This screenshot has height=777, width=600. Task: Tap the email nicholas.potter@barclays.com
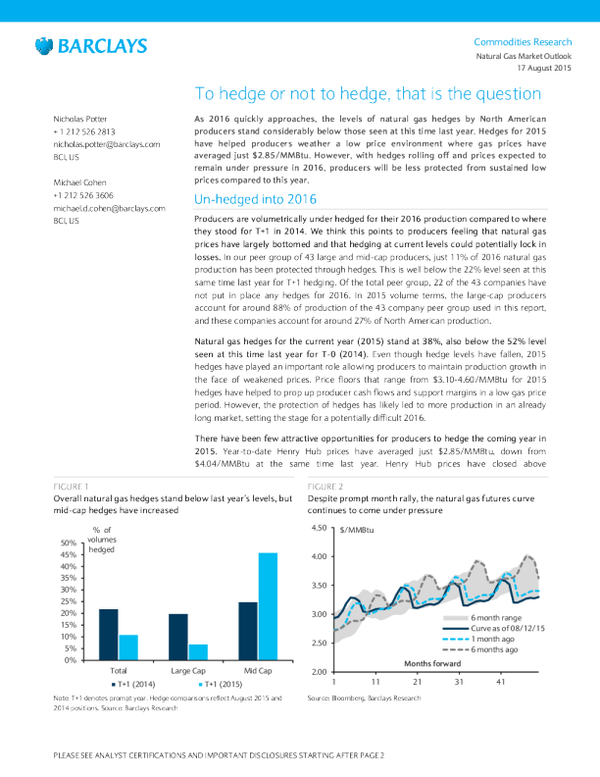coord(106,144)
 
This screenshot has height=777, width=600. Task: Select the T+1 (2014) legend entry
coord(134,684)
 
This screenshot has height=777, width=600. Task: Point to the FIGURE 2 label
coord(325,486)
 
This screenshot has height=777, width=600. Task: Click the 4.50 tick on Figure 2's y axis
coord(318,528)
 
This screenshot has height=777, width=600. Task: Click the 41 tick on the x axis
coord(501,681)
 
